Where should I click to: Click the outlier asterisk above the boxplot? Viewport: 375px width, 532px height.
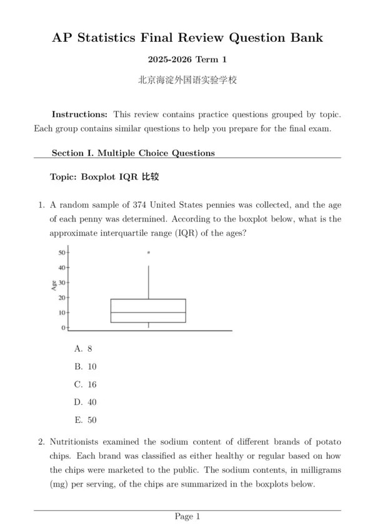pyautogui.click(x=149, y=253)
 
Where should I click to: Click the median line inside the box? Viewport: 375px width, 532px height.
pyautogui.click(x=148, y=312)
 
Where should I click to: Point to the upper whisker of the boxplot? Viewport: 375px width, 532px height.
pyautogui.click(x=149, y=282)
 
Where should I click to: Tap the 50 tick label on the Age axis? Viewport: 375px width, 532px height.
pyautogui.click(x=62, y=253)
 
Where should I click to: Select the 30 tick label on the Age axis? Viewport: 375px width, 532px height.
pyautogui.click(x=62, y=283)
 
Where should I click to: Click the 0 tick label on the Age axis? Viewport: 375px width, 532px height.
pyautogui.click(x=64, y=327)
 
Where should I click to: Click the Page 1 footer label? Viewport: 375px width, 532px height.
pyautogui.click(x=187, y=516)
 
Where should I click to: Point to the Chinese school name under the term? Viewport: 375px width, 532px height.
pyautogui.click(x=187, y=80)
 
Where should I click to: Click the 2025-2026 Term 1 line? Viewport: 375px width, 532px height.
pyautogui.click(x=187, y=60)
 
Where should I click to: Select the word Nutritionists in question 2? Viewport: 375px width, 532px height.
pyautogui.click(x=77, y=442)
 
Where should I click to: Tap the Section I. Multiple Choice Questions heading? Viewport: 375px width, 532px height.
pyautogui.click(x=133, y=153)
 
